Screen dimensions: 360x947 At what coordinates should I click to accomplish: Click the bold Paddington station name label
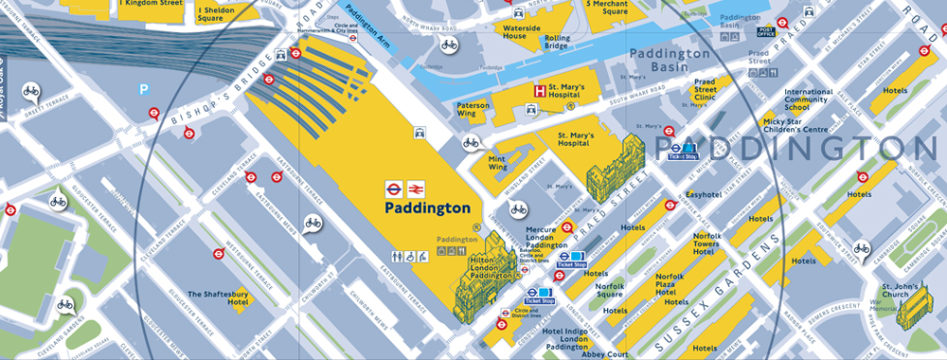point(428,207)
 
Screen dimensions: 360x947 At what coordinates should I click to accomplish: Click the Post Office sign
point(766,31)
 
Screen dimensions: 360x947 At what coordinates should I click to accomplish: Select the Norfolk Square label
point(610,290)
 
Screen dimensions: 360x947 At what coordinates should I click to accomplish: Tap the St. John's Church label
point(896,292)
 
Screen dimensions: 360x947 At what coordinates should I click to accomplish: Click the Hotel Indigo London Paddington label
point(567,339)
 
